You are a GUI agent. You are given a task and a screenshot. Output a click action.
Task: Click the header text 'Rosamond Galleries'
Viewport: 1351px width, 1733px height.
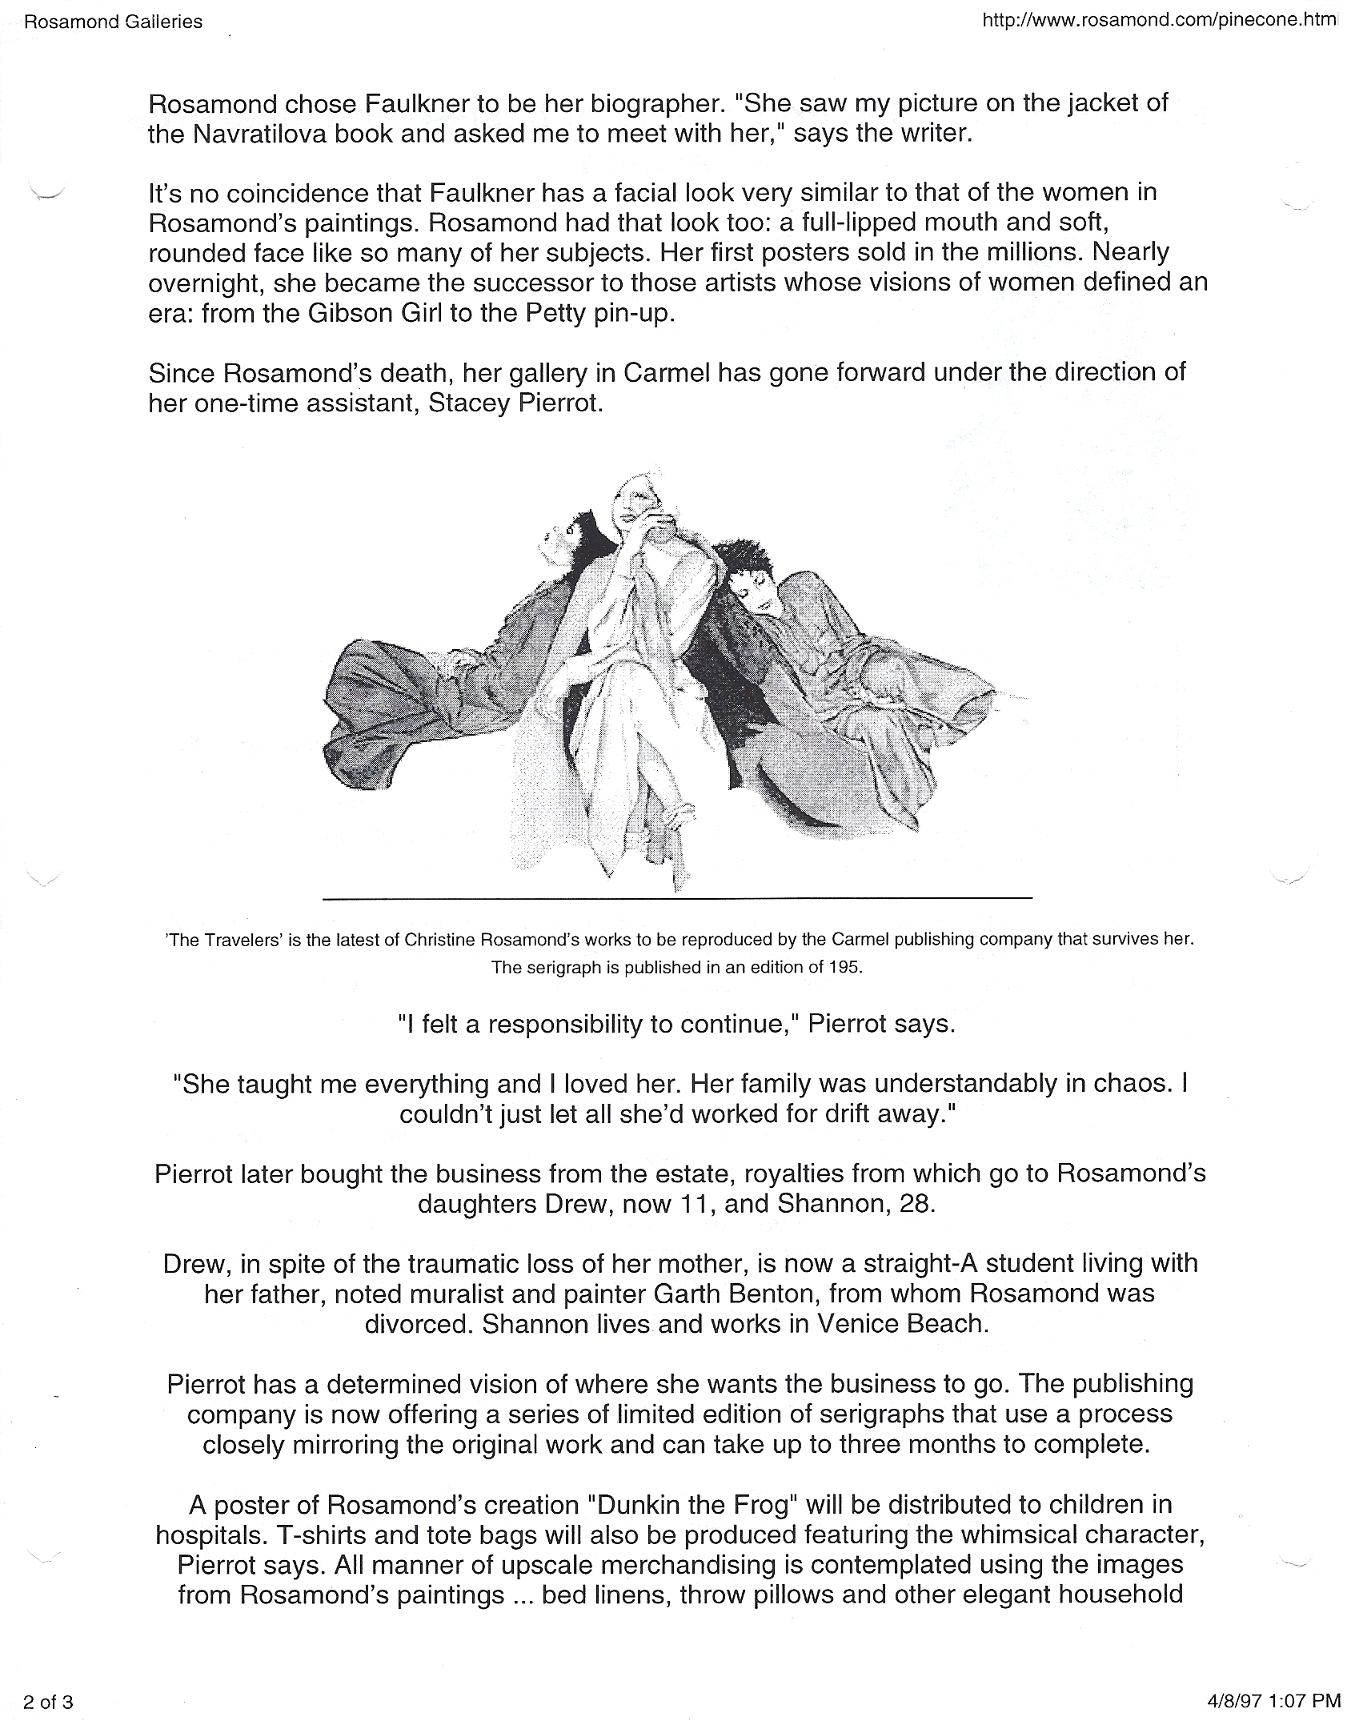click(113, 22)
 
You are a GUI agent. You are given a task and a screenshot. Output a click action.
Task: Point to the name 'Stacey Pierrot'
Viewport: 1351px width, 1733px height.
click(514, 403)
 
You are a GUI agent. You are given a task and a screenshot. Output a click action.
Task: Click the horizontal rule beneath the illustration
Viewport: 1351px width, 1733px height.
click(677, 900)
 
